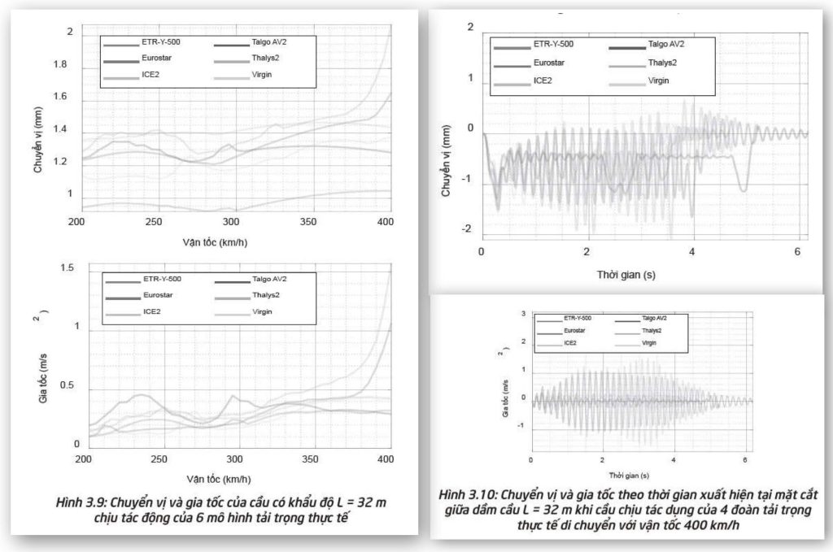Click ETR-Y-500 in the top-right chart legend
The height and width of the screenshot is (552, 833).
[x=552, y=45]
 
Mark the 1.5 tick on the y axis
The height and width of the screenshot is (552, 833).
[x=68, y=268]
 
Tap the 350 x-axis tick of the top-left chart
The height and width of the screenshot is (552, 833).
[x=311, y=221]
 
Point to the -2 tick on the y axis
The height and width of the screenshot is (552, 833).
[x=467, y=228]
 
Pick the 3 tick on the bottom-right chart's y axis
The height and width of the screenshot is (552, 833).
[x=523, y=313]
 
